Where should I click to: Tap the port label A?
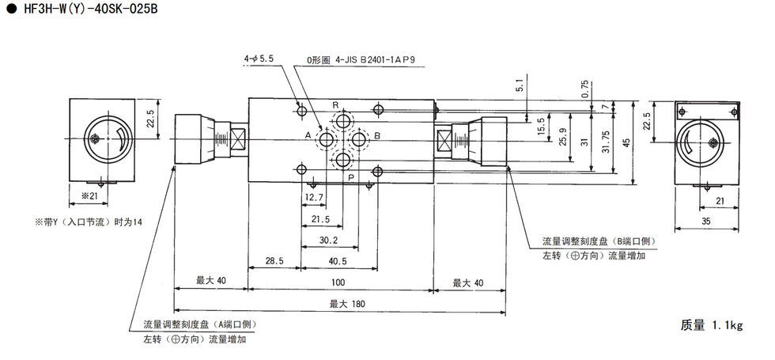pyautogui.click(x=308, y=136)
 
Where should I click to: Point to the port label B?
pyautogui.click(x=377, y=136)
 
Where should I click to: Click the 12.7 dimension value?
pyautogui.click(x=314, y=197)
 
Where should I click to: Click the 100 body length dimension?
pyautogui.click(x=338, y=282)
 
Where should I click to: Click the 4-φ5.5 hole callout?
pyautogui.click(x=258, y=59)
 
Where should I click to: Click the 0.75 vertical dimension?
pyautogui.click(x=584, y=89)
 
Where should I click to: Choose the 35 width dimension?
pyautogui.click(x=706, y=223)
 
